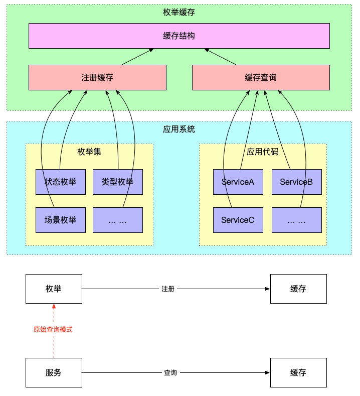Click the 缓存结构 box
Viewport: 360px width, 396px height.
[x=179, y=36]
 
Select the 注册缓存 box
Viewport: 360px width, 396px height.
[x=97, y=77]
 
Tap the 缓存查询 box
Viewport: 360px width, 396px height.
[x=261, y=77]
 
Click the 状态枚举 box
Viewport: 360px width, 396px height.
[x=61, y=182]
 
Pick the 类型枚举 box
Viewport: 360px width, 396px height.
[x=118, y=182]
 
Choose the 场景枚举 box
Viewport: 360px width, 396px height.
[x=61, y=220]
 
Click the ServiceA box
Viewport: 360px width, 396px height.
[x=238, y=182]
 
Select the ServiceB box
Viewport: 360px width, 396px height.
[x=296, y=182]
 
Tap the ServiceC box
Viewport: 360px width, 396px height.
[x=238, y=220]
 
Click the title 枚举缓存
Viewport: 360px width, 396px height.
[x=179, y=13]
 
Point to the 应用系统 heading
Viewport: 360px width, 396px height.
[x=179, y=129]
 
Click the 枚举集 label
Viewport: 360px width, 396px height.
[x=89, y=151]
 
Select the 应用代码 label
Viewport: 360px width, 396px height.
[x=263, y=151]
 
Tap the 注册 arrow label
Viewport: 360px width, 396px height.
[x=168, y=289]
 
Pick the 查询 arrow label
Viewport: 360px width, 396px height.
[x=170, y=373]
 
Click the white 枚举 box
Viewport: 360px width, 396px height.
[x=54, y=289]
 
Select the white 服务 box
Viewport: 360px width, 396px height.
[x=54, y=373]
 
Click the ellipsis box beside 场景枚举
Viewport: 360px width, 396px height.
[x=118, y=220]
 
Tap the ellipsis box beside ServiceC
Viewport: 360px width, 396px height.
[x=296, y=220]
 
